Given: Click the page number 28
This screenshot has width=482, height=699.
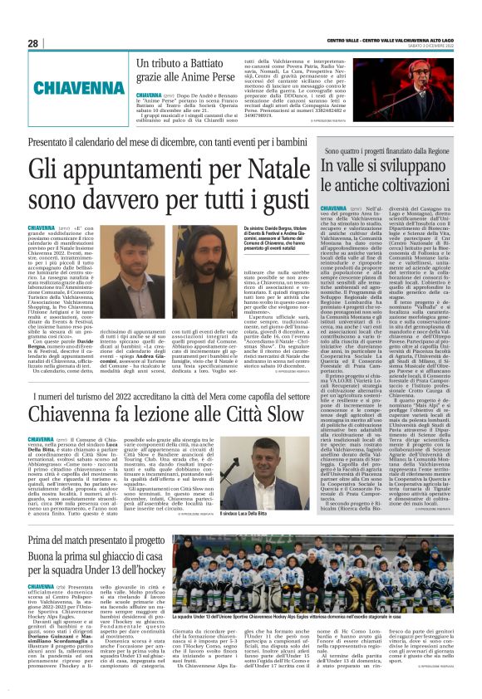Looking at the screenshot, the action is [33, 43].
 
